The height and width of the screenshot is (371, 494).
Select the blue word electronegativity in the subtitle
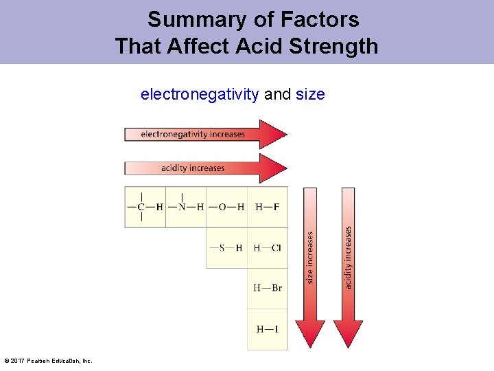point(200,94)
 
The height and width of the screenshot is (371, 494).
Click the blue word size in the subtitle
point(310,94)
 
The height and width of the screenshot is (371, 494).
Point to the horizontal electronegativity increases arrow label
point(193,134)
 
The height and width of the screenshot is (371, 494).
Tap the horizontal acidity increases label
point(193,168)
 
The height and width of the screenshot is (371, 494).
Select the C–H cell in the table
point(145,207)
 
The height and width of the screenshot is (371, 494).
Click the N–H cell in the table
point(186,207)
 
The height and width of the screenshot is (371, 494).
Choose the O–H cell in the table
point(226,207)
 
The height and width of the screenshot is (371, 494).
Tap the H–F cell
point(268,207)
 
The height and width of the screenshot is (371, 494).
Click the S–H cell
point(226,248)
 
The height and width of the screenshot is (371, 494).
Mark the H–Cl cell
point(268,248)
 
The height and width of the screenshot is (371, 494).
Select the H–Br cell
point(268,288)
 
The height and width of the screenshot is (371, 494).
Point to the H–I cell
point(268,329)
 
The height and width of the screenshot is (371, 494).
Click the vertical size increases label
point(309,258)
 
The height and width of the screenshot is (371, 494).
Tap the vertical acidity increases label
point(348,258)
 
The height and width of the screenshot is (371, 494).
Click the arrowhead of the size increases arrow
point(310,333)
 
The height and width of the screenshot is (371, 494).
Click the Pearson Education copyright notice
point(47,361)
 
